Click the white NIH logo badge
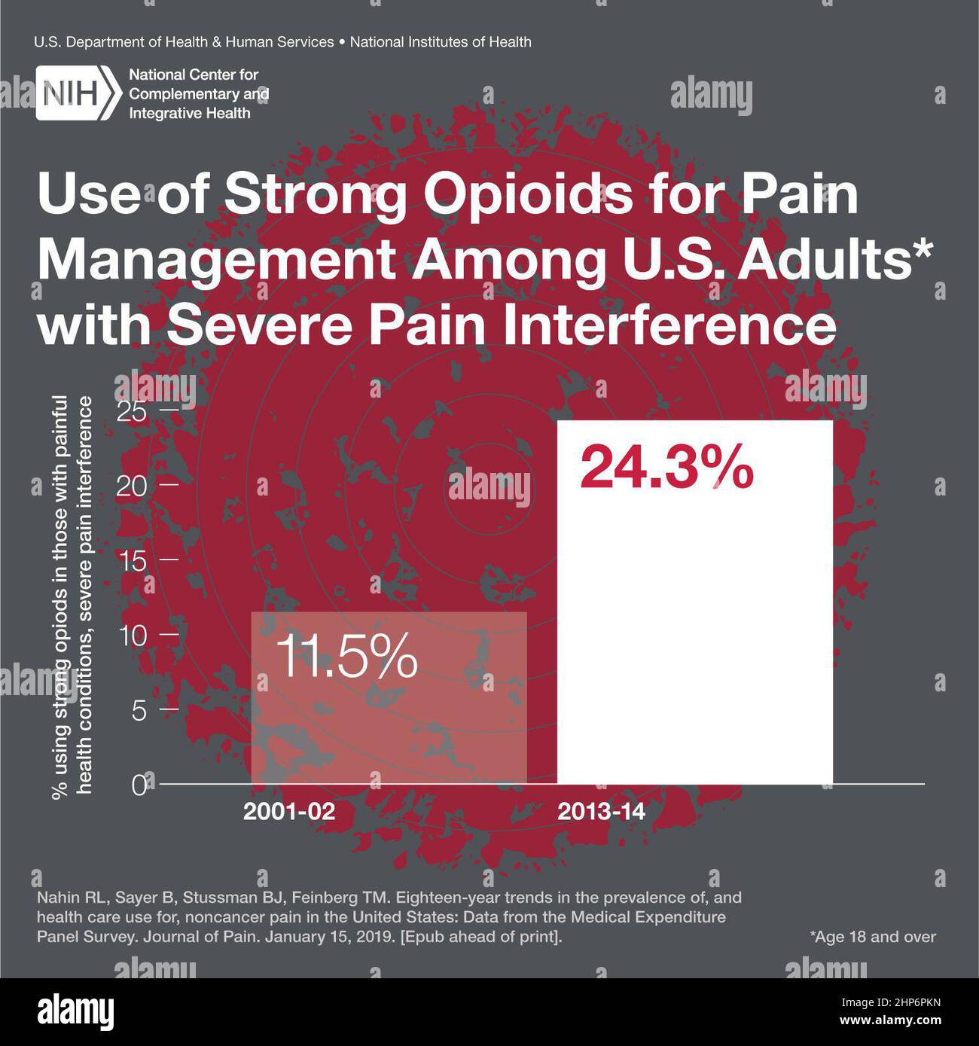point(78,93)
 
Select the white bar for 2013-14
point(694,618)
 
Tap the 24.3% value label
point(666,468)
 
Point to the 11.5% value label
point(346,657)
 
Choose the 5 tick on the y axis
point(139,709)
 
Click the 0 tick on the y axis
point(139,785)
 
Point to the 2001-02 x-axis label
point(288,813)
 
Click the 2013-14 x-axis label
point(601,813)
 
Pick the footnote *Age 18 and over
point(873,937)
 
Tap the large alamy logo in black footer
point(76,1012)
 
